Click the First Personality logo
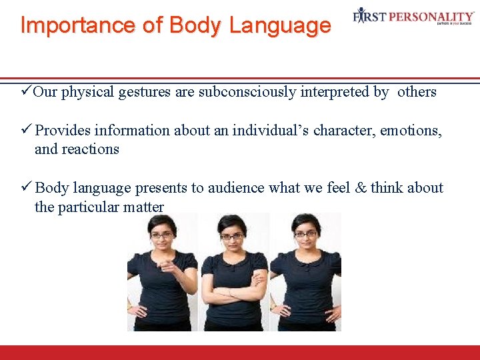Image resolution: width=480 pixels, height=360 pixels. [413, 17]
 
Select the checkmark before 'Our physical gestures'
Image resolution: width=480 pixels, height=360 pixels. [26, 91]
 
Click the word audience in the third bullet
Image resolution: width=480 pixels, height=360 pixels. [236, 188]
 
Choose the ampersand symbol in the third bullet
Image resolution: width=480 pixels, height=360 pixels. [360, 188]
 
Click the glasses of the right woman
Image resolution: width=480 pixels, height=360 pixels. [305, 234]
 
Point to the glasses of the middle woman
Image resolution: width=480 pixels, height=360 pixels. [231, 236]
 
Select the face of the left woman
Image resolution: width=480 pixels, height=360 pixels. [162, 235]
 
